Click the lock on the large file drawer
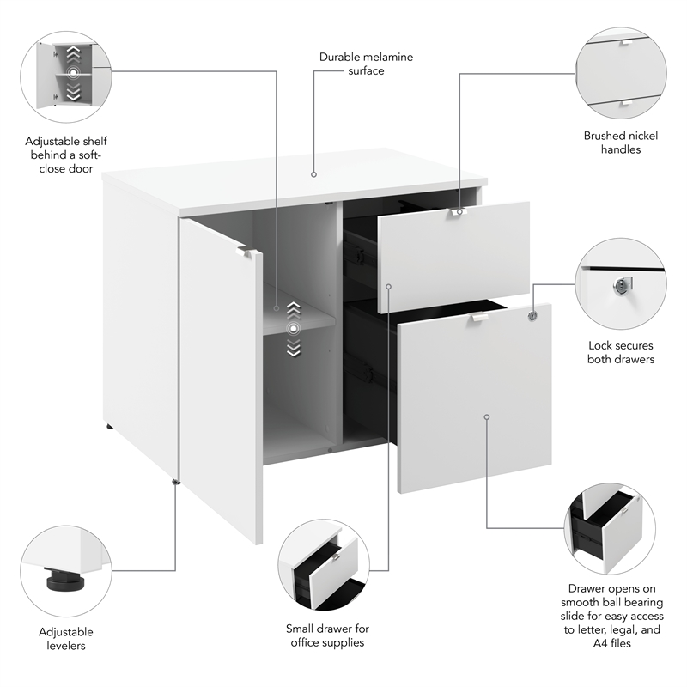point(532,316)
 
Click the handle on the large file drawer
point(478,319)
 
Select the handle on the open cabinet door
point(249,252)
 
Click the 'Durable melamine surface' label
point(366,64)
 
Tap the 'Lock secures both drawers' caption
point(620,352)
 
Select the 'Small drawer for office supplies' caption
point(325,636)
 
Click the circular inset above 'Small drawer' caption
point(324,564)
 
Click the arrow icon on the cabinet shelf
point(294,328)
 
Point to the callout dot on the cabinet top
point(313,174)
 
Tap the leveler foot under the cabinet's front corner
point(177,483)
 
